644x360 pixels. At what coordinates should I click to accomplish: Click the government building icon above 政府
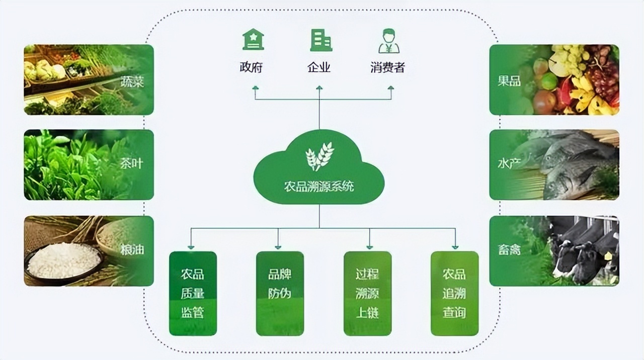[x=253, y=40]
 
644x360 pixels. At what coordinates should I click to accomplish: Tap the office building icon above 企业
[x=320, y=40]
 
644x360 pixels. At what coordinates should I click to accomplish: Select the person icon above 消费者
[x=388, y=41]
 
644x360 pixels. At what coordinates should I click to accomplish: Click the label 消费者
[x=387, y=67]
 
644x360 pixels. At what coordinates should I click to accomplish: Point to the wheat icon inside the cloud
[x=319, y=156]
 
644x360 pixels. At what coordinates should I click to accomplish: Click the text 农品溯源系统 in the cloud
[x=319, y=187]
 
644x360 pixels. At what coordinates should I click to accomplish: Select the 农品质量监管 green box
[x=193, y=294]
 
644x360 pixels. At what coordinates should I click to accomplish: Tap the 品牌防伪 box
[x=280, y=294]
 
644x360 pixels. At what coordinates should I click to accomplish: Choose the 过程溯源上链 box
[x=367, y=294]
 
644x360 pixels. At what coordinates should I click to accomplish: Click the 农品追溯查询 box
[x=454, y=294]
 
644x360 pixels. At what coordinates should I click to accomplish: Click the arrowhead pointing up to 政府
[x=255, y=88]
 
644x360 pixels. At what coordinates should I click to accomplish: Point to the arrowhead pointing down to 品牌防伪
[x=278, y=246]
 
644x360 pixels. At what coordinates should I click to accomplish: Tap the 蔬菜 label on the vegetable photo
[x=132, y=81]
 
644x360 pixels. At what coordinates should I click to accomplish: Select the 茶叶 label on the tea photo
[x=132, y=164]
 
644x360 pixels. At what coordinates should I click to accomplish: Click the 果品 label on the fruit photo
[x=509, y=81]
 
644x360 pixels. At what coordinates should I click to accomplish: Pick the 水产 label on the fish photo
[x=509, y=164]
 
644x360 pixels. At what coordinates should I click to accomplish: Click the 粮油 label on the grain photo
[x=132, y=249]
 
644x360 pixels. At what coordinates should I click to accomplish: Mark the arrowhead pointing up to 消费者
[x=391, y=88]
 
